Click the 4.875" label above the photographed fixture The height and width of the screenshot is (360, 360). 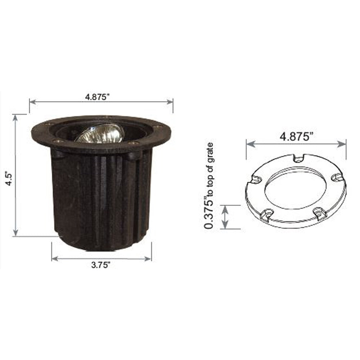97,96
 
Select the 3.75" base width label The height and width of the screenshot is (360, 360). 100,265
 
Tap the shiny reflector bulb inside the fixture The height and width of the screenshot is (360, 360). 100,134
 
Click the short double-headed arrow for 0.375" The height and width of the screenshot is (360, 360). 225,217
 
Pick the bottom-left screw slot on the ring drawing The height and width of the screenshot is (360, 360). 267,215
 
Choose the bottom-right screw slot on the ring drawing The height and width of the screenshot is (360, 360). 320,213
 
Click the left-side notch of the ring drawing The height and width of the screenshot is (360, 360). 256,179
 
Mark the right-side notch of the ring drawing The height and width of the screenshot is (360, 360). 336,177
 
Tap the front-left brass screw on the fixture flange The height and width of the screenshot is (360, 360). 55,141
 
